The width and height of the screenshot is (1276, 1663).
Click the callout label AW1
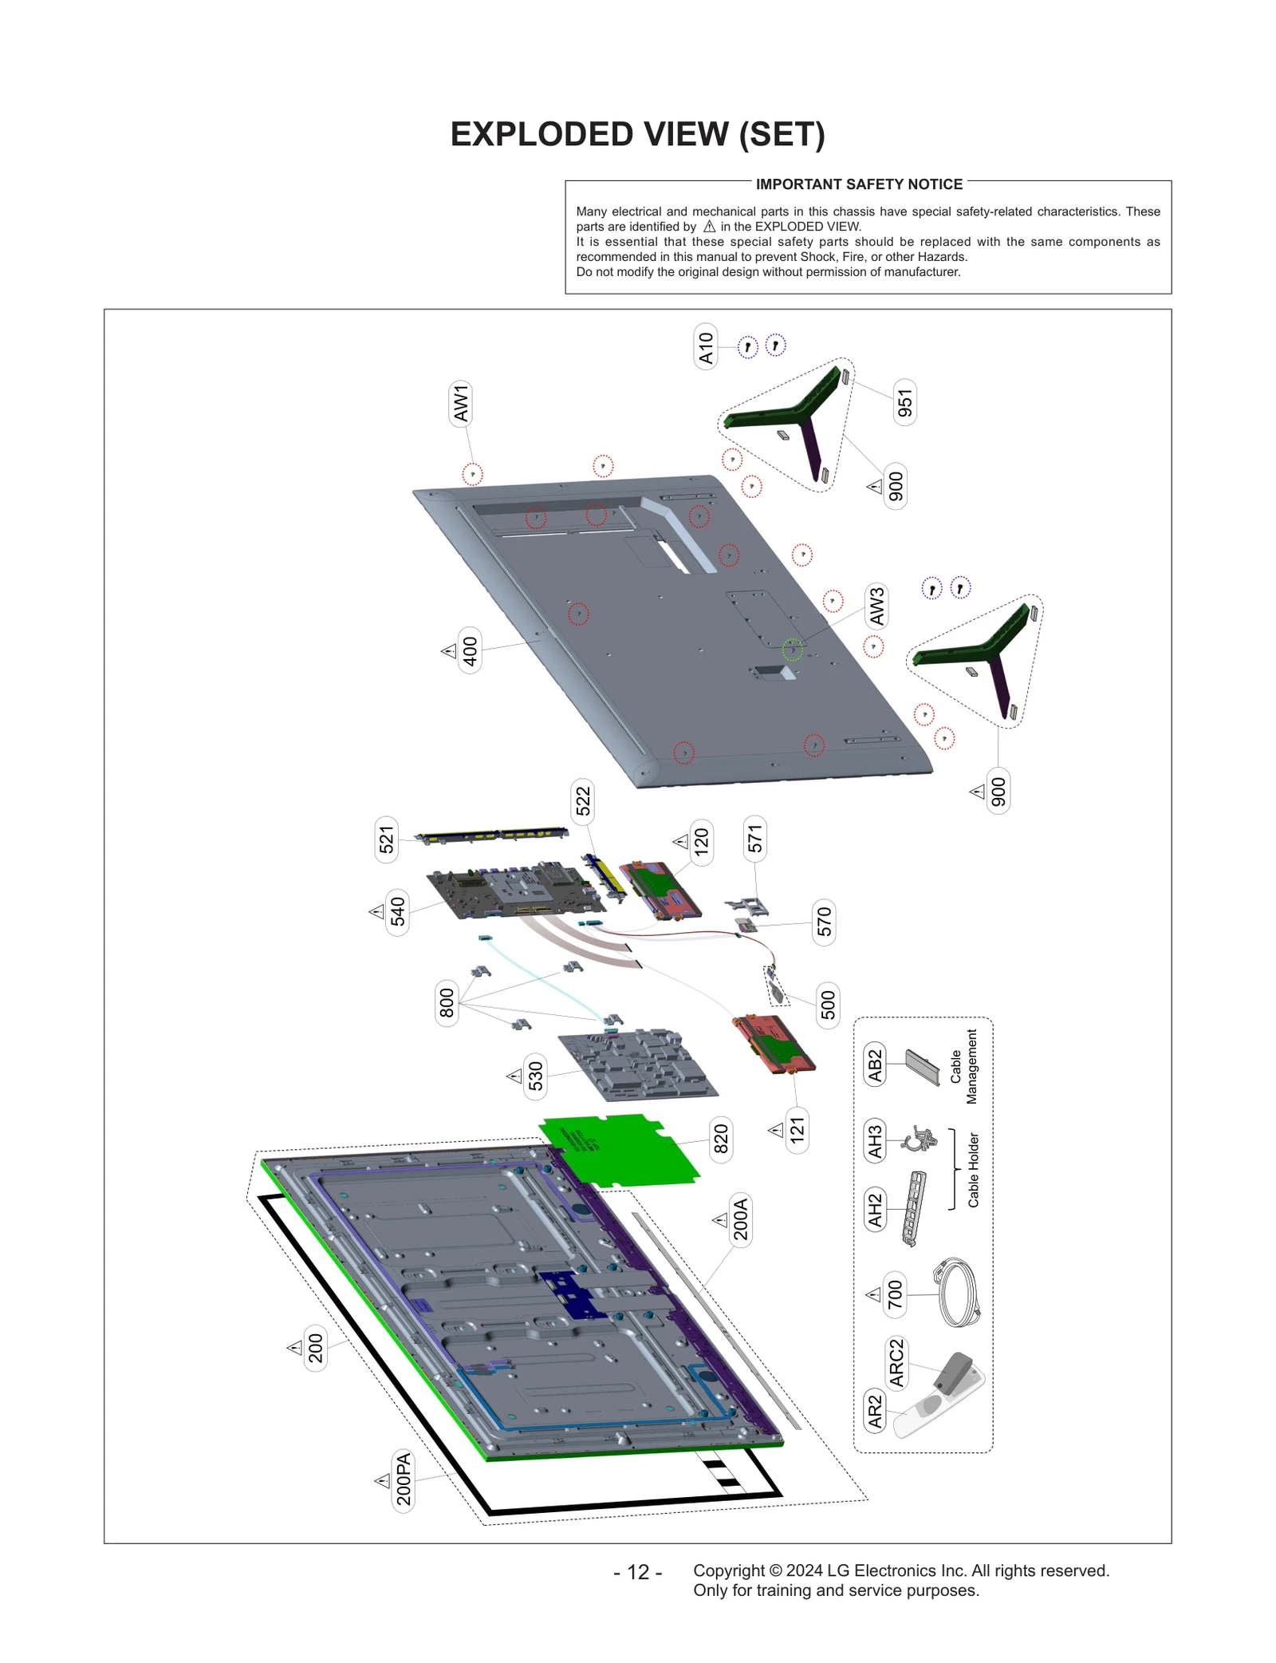tap(461, 403)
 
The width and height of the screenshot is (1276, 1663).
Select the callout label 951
tap(904, 403)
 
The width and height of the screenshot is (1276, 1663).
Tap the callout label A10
tap(706, 348)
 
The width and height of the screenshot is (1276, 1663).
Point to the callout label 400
tap(471, 651)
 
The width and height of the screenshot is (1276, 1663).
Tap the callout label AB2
tap(876, 1065)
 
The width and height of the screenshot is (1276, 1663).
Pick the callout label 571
tap(754, 839)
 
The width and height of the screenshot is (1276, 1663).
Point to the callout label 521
tap(387, 840)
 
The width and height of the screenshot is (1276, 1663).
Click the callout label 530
tap(535, 1076)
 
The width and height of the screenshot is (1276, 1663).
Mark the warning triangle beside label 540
tap(377, 911)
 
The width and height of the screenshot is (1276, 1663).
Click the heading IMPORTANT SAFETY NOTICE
tap(859, 184)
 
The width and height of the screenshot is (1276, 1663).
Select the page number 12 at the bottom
tap(638, 1572)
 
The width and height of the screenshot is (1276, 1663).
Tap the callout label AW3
tap(876, 606)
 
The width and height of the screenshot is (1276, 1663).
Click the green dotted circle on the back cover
tap(792, 650)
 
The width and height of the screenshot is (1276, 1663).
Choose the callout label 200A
tap(741, 1219)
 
